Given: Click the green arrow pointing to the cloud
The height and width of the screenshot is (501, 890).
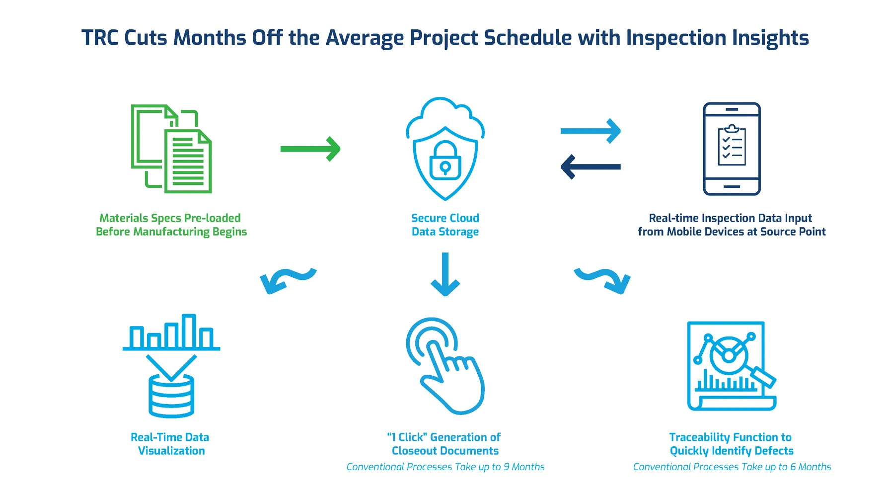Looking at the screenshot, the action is pyautogui.click(x=310, y=149).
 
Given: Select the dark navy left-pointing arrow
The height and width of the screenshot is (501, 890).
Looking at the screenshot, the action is pyautogui.click(x=591, y=167).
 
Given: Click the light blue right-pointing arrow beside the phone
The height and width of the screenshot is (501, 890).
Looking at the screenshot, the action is pyautogui.click(x=591, y=131).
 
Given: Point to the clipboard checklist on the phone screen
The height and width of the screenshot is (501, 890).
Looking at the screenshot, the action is pyautogui.click(x=732, y=145).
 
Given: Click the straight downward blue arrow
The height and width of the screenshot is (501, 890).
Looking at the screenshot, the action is pyautogui.click(x=445, y=274).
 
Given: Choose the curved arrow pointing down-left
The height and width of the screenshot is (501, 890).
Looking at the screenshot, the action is pyautogui.click(x=288, y=281).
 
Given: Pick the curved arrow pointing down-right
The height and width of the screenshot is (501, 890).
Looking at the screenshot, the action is pyautogui.click(x=602, y=281).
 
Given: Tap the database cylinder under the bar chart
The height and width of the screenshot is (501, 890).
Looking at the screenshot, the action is pyautogui.click(x=171, y=396).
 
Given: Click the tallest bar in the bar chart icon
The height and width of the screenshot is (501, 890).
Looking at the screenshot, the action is pyautogui.click(x=189, y=331).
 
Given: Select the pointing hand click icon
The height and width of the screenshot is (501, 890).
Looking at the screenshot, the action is pyautogui.click(x=445, y=366).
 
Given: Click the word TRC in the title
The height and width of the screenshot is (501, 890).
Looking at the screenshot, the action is pyautogui.click(x=100, y=38).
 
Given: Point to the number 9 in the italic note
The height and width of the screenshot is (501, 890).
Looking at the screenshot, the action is pyautogui.click(x=506, y=467).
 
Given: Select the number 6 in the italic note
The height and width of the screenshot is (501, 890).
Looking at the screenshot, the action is pyautogui.click(x=793, y=467).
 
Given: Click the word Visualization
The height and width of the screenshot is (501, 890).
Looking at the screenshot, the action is pyautogui.click(x=171, y=451).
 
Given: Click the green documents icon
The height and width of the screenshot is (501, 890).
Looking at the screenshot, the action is pyautogui.click(x=171, y=149).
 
